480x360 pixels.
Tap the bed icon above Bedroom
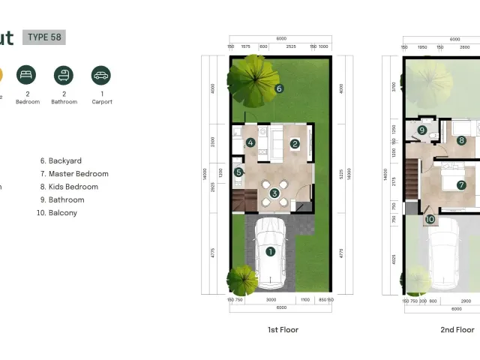pyautogui.click(x=27, y=75)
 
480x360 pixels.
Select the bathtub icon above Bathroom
pyautogui.click(x=64, y=75)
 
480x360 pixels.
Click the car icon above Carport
pyautogui.click(x=100, y=75)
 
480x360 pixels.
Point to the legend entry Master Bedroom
pyautogui.click(x=78, y=174)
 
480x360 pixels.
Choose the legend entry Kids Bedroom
pyautogui.click(x=73, y=187)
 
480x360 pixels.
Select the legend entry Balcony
pyautogui.click(x=59, y=213)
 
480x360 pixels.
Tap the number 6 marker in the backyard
pyautogui.click(x=279, y=88)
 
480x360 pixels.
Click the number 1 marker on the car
pyautogui.click(x=270, y=252)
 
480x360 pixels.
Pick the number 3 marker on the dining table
pyautogui.click(x=274, y=193)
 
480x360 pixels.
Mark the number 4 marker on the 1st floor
pyautogui.click(x=250, y=142)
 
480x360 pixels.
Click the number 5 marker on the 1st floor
pyautogui.click(x=238, y=172)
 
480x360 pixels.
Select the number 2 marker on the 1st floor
pyautogui.click(x=295, y=143)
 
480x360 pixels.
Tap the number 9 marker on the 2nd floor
pyautogui.click(x=422, y=130)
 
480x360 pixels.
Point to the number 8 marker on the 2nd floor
pyautogui.click(x=461, y=139)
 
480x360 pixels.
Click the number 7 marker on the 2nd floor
pyautogui.click(x=461, y=184)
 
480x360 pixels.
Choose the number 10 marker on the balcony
pyautogui.click(x=430, y=220)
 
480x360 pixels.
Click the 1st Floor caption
pyautogui.click(x=283, y=330)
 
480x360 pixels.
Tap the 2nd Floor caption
pyautogui.click(x=457, y=330)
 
